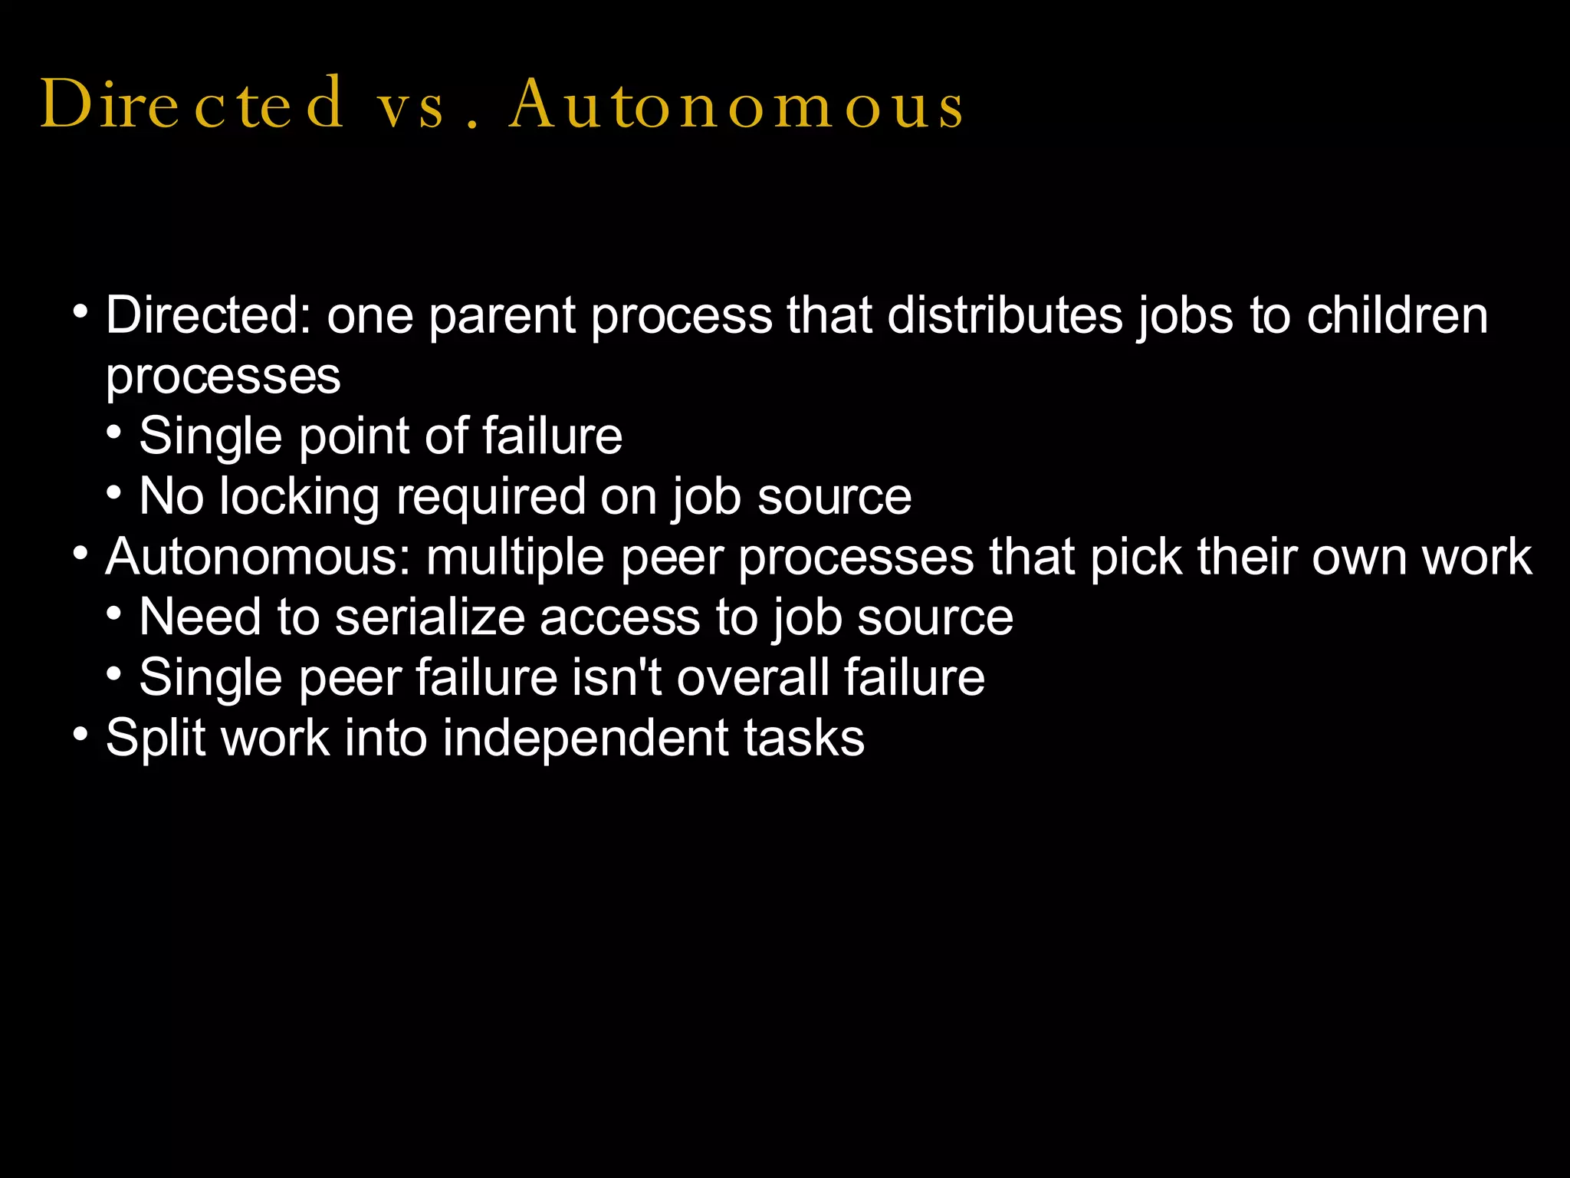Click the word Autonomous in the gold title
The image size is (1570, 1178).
736,106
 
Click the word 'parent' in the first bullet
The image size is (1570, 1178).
502,318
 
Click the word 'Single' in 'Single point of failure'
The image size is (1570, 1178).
210,437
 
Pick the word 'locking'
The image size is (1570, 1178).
299,498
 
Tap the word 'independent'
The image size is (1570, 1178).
586,739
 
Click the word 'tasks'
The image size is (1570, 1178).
804,739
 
